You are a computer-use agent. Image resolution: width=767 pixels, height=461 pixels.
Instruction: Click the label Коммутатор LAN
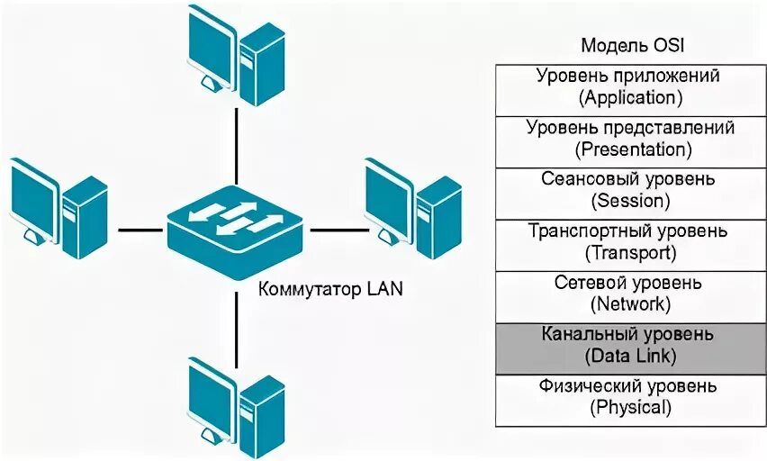(330, 290)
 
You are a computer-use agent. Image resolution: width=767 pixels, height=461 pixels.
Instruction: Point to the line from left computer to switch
(142, 229)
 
